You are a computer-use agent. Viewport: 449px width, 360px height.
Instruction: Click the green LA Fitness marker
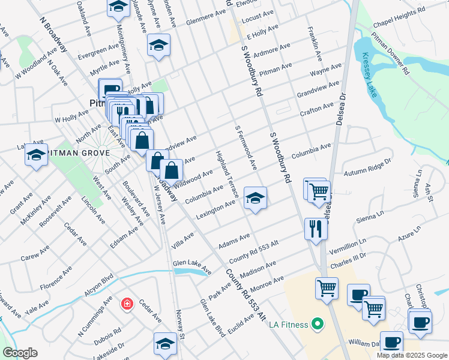point(318,325)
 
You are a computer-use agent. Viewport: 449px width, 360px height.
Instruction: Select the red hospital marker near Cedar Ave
point(127,304)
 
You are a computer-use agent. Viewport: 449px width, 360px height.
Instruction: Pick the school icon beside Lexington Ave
point(255,198)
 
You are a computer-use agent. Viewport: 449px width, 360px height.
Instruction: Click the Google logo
point(20,353)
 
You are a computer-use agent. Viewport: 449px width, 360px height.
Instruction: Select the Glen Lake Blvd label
point(212,317)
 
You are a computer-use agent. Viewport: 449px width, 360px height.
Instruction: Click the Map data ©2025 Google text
point(411,355)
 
